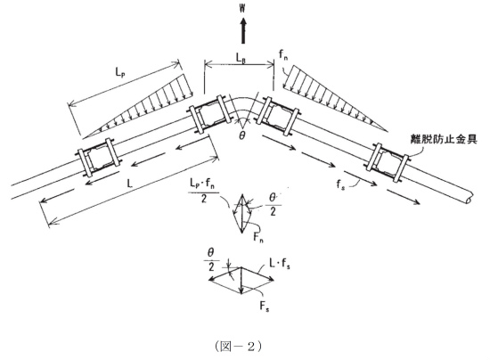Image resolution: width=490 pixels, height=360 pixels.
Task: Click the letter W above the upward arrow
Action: click(x=242, y=8)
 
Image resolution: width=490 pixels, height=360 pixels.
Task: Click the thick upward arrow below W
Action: click(x=243, y=30)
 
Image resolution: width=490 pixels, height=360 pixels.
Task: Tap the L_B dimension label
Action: click(x=241, y=58)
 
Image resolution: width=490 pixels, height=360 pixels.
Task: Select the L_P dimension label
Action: click(x=118, y=72)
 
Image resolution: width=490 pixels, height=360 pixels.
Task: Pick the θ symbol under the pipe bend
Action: click(x=242, y=135)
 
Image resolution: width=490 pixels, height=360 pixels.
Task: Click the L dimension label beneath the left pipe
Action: click(x=129, y=184)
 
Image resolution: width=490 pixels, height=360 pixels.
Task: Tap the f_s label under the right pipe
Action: click(x=341, y=184)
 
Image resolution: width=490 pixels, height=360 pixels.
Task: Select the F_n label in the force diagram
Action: click(x=258, y=238)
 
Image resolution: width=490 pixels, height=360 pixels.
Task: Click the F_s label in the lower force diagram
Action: click(x=265, y=306)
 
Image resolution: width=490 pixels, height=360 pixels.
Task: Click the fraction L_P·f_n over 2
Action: click(x=204, y=192)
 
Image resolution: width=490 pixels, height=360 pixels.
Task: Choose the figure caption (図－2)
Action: click(x=238, y=347)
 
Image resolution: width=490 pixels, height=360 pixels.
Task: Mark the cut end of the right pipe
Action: click(x=470, y=199)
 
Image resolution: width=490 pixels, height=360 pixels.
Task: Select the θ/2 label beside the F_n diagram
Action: click(x=273, y=205)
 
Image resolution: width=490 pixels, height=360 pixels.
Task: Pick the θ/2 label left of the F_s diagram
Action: click(x=211, y=259)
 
